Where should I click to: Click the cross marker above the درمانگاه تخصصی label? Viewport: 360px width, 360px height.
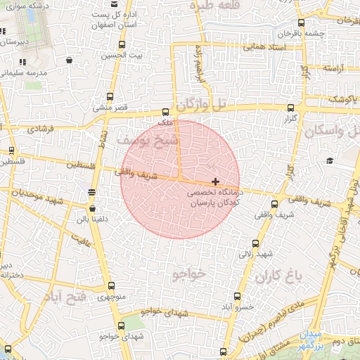(215, 181)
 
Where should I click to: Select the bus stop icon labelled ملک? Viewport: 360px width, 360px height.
(166, 112)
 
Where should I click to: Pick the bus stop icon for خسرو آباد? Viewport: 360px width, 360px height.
(236, 296)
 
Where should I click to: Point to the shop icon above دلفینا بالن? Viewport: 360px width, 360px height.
(93, 208)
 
